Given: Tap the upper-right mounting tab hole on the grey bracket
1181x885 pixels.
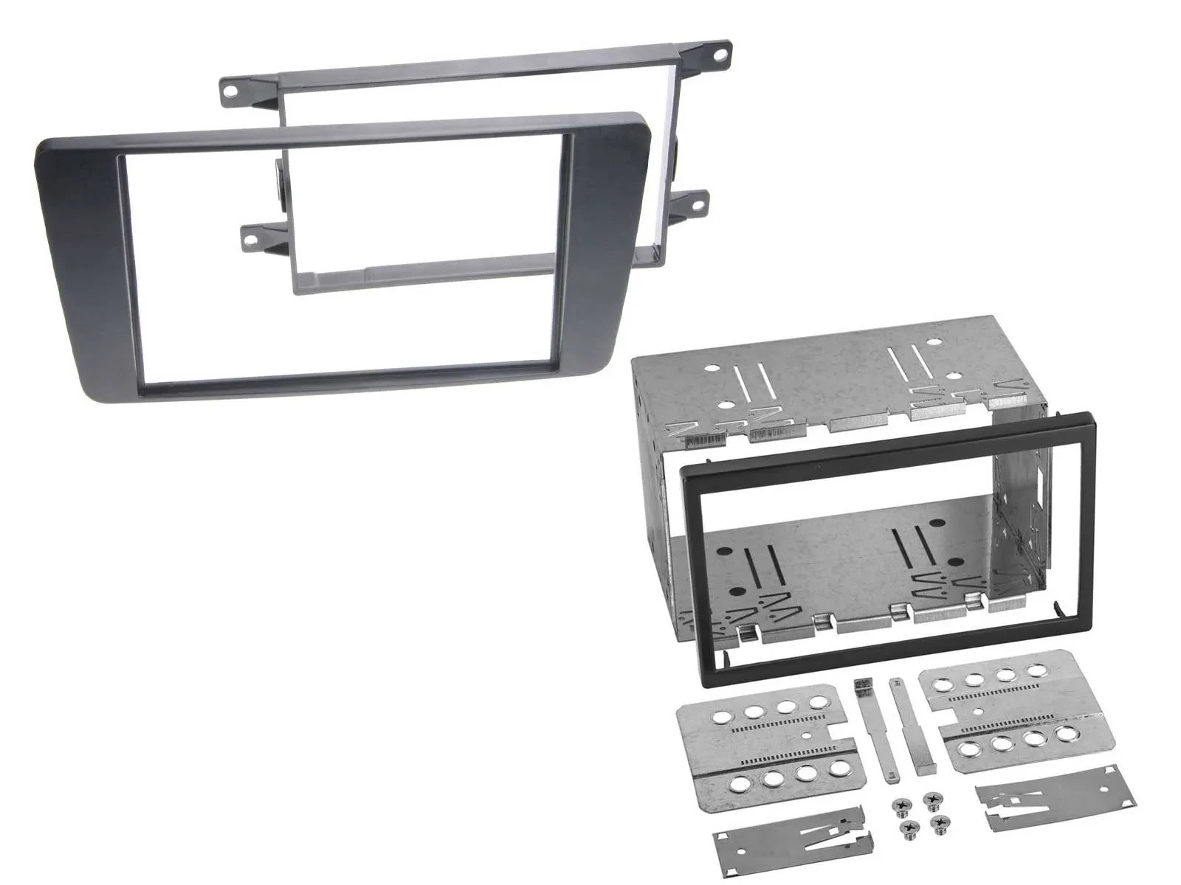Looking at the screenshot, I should (719, 53).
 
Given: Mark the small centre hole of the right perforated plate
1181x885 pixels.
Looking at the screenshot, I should (977, 712).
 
